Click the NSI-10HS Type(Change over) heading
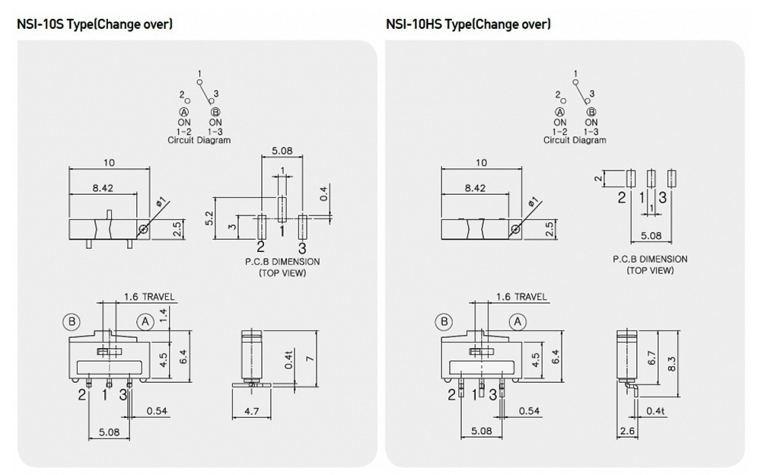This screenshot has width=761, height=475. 468,24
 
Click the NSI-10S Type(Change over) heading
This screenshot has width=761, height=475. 94,24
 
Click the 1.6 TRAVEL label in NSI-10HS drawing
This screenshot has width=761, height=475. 521,297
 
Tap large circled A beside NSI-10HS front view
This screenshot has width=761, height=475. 518,322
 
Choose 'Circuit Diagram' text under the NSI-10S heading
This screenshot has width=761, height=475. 199,140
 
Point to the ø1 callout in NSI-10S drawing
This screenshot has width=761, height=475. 160,203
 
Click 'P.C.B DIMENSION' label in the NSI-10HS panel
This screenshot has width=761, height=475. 650,259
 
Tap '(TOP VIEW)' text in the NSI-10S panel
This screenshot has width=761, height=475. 282,273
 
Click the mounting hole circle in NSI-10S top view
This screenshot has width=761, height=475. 142,228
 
